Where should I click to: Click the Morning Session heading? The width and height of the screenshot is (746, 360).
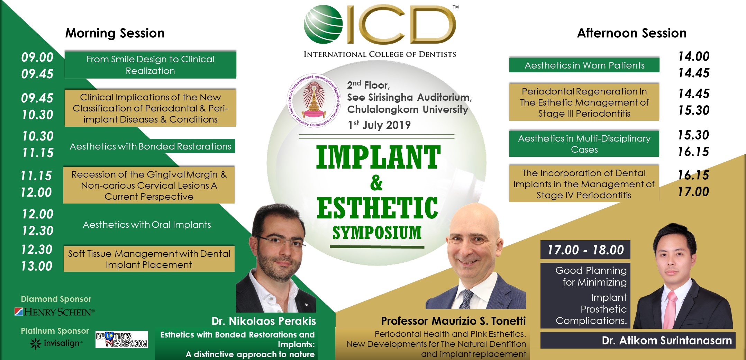click(115, 33)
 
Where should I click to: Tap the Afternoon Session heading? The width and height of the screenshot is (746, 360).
click(631, 33)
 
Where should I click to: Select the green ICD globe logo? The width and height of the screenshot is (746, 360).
click(323, 24)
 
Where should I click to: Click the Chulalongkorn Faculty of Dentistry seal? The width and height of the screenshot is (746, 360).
click(313, 100)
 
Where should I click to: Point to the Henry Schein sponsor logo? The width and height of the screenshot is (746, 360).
click(54, 312)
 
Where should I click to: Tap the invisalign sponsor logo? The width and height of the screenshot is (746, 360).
click(56, 343)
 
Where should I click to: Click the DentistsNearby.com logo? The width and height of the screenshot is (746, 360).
click(121, 339)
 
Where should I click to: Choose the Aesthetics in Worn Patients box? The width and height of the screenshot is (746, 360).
click(584, 65)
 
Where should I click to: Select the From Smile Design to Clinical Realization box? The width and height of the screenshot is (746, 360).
click(150, 65)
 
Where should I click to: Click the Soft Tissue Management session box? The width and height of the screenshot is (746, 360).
click(149, 259)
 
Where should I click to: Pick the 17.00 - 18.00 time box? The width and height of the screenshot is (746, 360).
click(585, 250)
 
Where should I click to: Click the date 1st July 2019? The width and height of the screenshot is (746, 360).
click(379, 125)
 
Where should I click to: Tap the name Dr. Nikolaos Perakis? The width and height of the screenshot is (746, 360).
click(264, 321)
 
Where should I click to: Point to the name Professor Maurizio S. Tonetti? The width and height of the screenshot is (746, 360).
click(453, 321)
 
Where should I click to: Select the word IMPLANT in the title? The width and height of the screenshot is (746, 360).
click(378, 157)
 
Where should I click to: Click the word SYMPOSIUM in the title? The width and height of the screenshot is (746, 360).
click(377, 232)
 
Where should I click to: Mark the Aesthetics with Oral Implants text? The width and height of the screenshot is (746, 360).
click(147, 225)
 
